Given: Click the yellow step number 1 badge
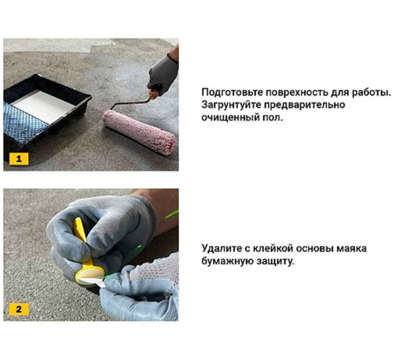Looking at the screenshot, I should pyautogui.click(x=18, y=159).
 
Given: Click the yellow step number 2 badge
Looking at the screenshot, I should pyautogui.click(x=18, y=310).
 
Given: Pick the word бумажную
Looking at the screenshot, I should pyautogui.click(x=230, y=262).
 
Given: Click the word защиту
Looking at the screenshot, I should pyautogui.click(x=278, y=262).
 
